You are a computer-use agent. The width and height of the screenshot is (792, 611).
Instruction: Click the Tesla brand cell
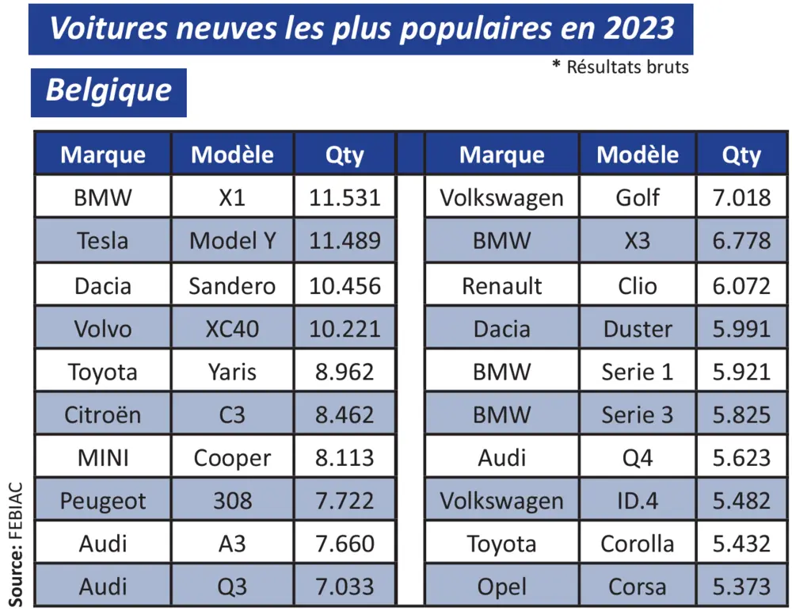103,240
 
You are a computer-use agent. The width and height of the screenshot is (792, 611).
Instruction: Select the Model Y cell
232,240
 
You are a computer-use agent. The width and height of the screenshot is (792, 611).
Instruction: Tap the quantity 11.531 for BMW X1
345,197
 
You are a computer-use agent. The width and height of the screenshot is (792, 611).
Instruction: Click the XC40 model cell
232,327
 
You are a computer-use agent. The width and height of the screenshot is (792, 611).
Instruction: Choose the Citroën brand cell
103,414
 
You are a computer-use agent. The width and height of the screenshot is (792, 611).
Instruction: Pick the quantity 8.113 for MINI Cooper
345,457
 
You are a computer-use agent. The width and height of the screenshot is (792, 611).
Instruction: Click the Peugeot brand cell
103,501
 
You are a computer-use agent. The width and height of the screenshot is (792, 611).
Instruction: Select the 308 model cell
232,501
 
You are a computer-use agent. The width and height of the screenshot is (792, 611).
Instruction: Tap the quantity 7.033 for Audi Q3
345,587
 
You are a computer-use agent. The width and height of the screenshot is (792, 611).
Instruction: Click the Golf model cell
638,197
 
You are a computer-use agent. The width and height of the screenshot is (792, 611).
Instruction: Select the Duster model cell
638,327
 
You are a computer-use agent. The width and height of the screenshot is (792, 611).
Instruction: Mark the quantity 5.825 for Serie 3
741,414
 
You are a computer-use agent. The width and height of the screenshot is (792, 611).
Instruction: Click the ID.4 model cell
638,501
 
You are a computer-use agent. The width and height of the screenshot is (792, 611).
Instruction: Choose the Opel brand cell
502,587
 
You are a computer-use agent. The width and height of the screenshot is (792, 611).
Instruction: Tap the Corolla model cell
638,544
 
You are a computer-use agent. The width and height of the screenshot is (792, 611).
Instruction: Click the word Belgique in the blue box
109,90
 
